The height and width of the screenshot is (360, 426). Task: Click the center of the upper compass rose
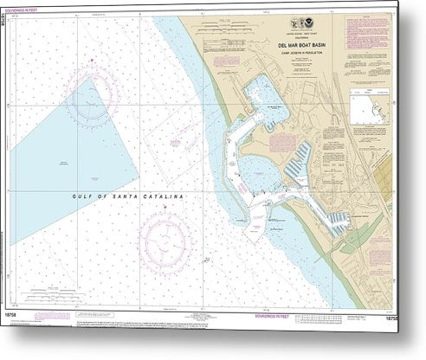pyautogui.click(x=87, y=104)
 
